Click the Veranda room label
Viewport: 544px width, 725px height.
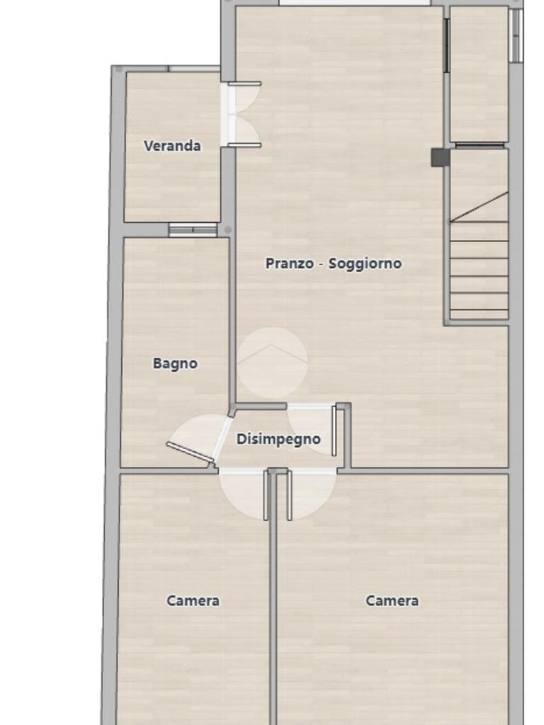point(172,146)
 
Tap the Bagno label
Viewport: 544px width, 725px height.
point(175,363)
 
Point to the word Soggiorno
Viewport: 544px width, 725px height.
point(365,263)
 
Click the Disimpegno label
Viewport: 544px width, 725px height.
point(278,439)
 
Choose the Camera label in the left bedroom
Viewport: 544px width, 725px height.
point(193,600)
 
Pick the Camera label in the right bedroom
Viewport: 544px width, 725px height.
point(392,600)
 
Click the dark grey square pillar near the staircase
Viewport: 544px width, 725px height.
point(440,158)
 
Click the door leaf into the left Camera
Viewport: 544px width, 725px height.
point(266,495)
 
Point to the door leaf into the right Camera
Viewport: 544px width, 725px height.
point(289,495)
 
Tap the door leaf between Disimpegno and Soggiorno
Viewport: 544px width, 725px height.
point(334,431)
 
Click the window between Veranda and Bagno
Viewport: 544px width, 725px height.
point(193,230)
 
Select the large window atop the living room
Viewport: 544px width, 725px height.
point(354,3)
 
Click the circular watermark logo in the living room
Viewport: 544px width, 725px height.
point(273,362)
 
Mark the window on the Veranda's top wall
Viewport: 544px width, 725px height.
point(194,69)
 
